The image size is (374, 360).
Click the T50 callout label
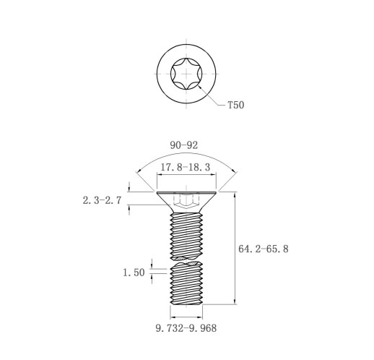(x=236, y=105)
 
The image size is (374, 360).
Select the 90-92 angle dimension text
(x=184, y=145)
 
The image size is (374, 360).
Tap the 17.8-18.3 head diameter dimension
(x=186, y=167)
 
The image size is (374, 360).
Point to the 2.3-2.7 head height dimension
(x=102, y=200)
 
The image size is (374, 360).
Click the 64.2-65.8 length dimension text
(x=264, y=249)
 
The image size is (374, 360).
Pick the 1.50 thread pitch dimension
(x=134, y=273)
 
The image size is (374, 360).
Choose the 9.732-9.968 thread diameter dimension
(x=186, y=328)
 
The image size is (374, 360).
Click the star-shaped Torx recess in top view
(x=186, y=74)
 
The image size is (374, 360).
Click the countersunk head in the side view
(x=186, y=202)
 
